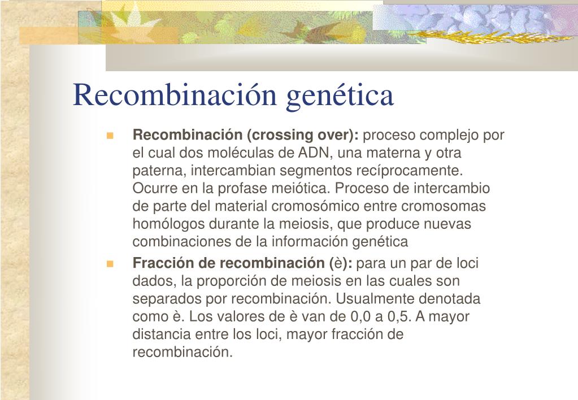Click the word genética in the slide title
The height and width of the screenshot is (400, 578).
[x=340, y=96]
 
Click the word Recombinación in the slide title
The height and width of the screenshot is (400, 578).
[x=175, y=94]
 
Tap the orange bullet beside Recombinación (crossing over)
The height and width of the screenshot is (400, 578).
[x=110, y=136]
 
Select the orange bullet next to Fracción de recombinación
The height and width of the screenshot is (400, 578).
[x=110, y=264]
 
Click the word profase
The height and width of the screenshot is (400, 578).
[x=242, y=188]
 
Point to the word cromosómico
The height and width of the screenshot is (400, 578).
[x=315, y=206]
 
